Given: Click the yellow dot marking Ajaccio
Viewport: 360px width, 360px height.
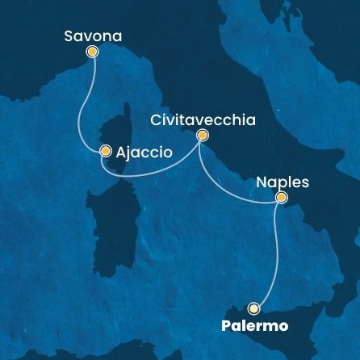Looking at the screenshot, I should [x=105, y=150].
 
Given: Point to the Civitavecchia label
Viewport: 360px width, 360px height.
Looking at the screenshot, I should [x=203, y=120].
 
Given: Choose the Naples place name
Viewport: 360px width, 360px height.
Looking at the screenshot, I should [x=283, y=182].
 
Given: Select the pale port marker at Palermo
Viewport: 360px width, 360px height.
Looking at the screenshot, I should [x=254, y=308].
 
